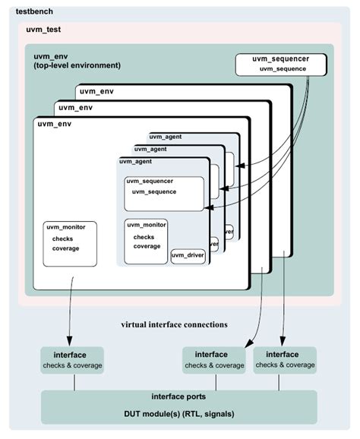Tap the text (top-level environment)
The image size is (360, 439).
tap(77, 66)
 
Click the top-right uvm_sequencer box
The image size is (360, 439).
tap(282, 65)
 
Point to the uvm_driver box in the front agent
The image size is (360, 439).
tap(188, 255)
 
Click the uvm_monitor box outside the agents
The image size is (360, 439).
tap(69, 243)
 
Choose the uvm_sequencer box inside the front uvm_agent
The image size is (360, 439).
tap(163, 194)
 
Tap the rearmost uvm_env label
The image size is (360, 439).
tap(96, 90)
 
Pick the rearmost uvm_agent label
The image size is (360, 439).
tap(165, 137)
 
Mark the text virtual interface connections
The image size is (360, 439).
tap(174, 324)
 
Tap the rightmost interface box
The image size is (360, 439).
tap(285, 359)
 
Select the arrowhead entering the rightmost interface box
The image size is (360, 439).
tap(283, 342)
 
